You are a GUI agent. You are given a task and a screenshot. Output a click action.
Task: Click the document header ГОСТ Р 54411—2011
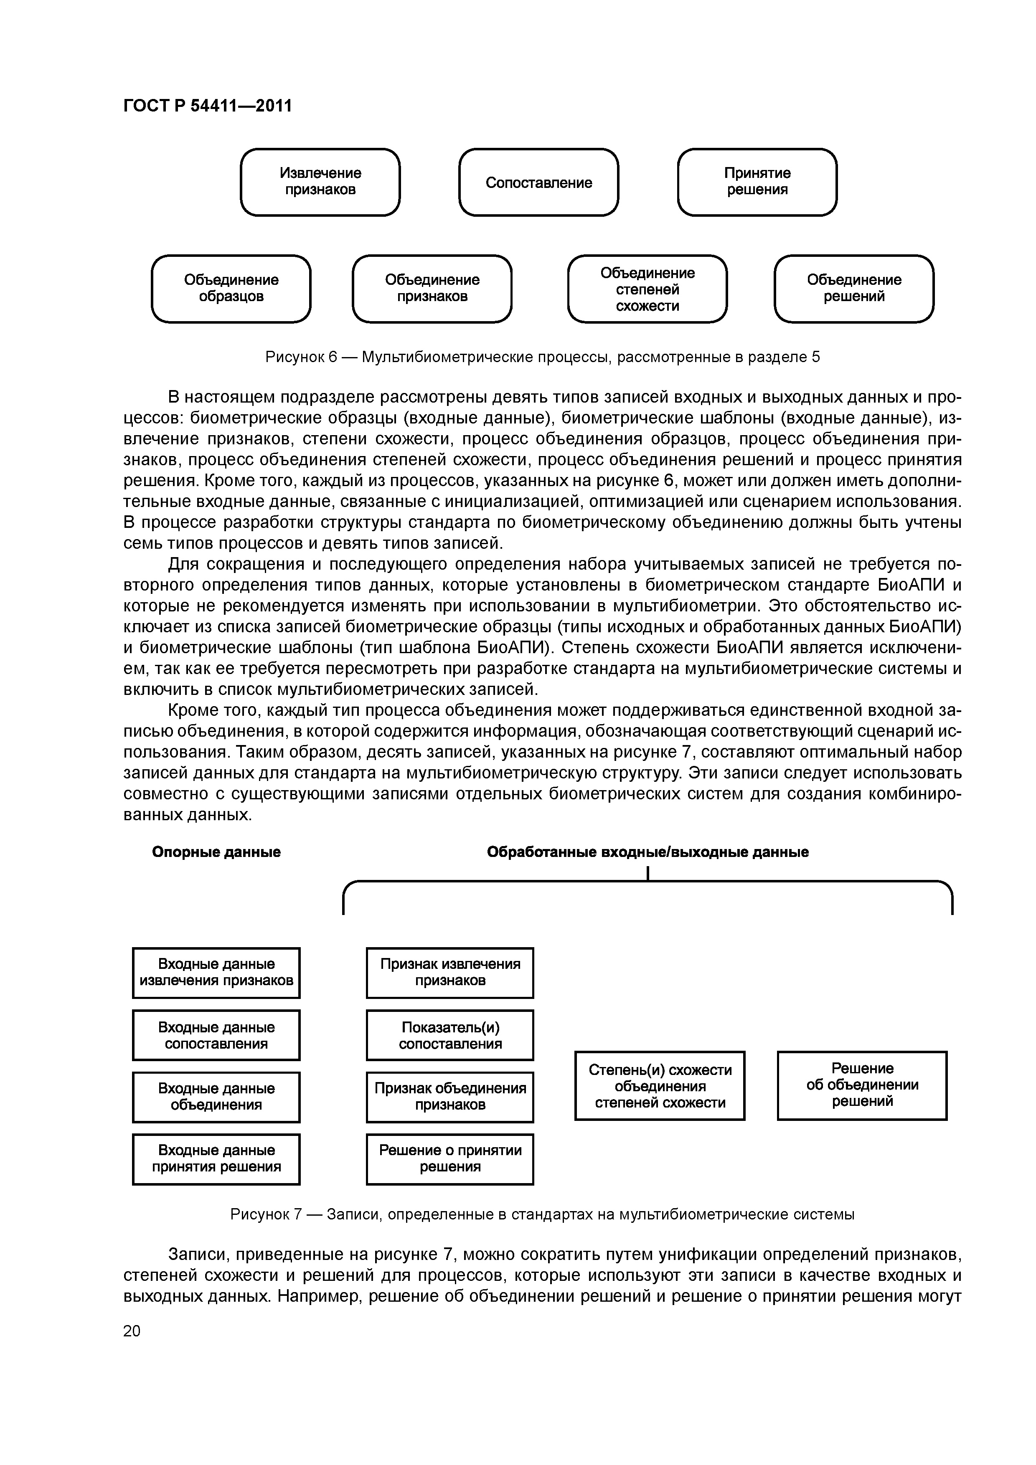pyautogui.click(x=208, y=105)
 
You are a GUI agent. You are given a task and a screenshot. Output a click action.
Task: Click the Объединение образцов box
pyautogui.click(x=231, y=289)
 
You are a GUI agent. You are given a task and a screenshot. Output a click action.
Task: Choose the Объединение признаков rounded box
pyautogui.click(x=432, y=289)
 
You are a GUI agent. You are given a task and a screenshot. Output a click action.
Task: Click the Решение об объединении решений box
pyautogui.click(x=862, y=1085)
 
